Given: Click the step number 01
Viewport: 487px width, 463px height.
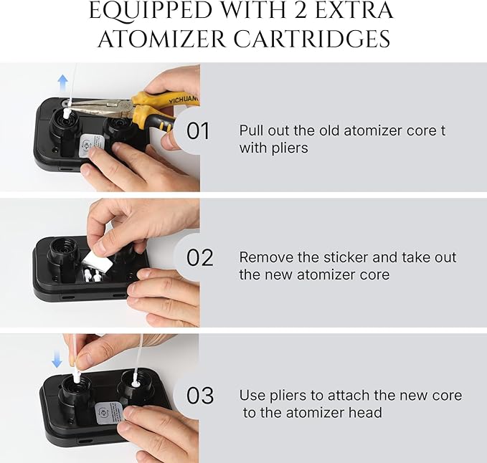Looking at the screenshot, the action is coord(198,130).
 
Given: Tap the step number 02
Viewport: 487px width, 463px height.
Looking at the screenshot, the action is coord(199,257).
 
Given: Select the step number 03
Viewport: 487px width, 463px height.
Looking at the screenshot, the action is coord(200,395).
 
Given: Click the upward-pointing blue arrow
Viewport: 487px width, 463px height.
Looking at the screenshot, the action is coord(63,83).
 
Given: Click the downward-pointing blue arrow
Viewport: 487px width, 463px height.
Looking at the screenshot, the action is coord(57,359).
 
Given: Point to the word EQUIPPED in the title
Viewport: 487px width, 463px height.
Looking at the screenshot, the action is coord(151,11).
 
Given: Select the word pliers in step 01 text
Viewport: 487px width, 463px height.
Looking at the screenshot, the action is coord(290,148).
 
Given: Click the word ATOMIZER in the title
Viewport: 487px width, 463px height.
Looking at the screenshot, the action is coord(162,39).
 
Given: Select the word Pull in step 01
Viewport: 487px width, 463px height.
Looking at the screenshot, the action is coord(252,130).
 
